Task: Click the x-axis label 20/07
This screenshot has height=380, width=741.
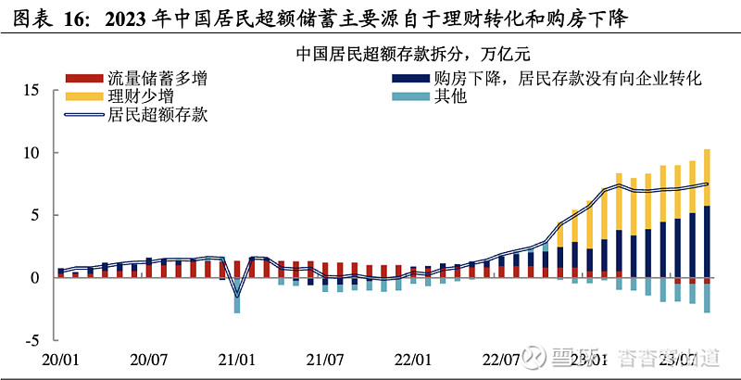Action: (149, 358)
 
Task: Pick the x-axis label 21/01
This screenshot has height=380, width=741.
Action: (237, 358)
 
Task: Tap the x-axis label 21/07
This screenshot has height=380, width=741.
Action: (325, 358)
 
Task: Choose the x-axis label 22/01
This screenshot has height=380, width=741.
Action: (413, 358)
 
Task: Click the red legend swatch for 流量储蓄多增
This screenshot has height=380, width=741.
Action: (82, 79)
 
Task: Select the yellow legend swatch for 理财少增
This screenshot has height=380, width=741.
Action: (82, 96)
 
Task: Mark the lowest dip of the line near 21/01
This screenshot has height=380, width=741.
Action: (237, 297)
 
